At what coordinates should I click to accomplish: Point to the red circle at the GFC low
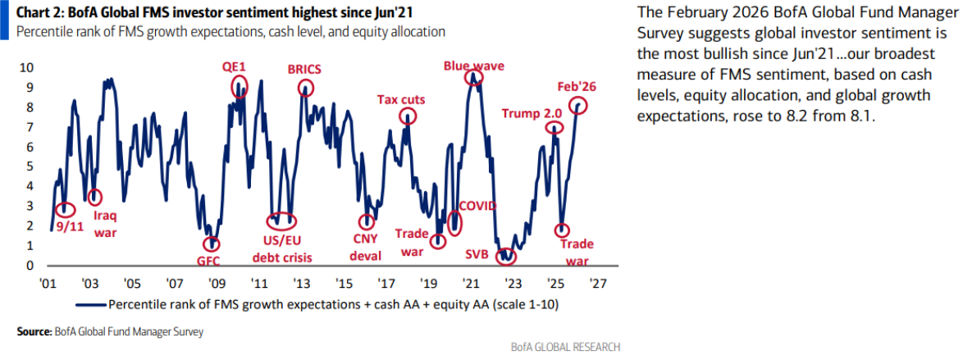[x=212, y=244]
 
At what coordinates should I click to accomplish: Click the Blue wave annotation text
[x=473, y=65]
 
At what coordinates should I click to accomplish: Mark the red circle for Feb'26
[x=581, y=105]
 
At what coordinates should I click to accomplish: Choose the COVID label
[x=477, y=204]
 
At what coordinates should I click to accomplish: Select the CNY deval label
[x=366, y=248]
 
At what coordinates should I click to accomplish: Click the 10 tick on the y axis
[x=26, y=67]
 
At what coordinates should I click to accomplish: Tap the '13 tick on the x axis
[x=301, y=283]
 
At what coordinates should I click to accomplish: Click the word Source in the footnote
[x=34, y=331]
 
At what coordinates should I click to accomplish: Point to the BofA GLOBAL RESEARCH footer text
[x=565, y=346]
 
